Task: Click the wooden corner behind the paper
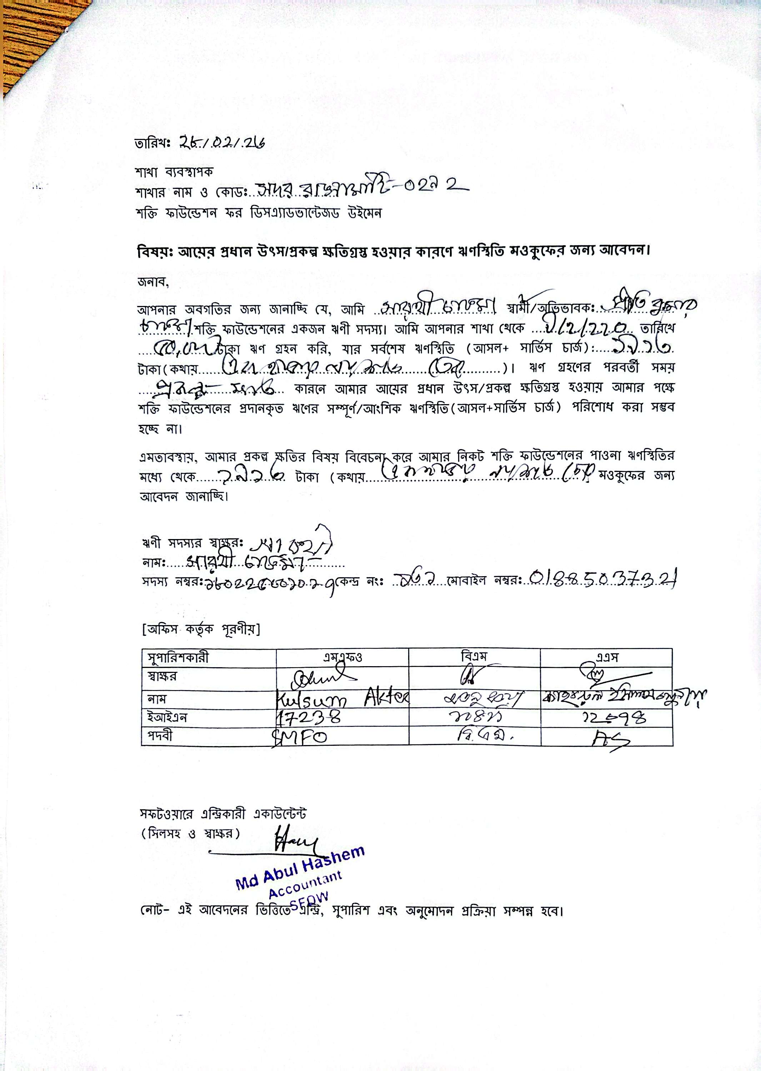(28, 37)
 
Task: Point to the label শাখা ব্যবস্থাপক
(174, 172)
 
